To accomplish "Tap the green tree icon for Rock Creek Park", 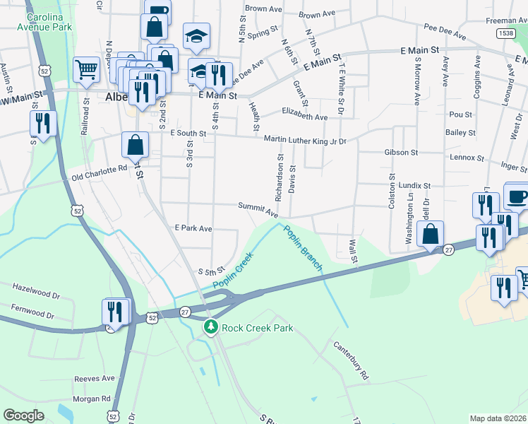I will pyautogui.click(x=210, y=328).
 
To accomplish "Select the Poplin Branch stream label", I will pyautogui.click(x=303, y=247).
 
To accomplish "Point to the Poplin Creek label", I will pyautogui.click(x=233, y=276).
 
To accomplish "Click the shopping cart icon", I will pyautogui.click(x=86, y=70).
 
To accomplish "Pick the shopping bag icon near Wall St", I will pyautogui.click(x=430, y=234).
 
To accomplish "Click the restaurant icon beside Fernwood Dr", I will pyautogui.click(x=116, y=312).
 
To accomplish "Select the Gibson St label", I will pyautogui.click(x=401, y=152).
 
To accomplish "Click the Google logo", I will pyautogui.click(x=23, y=415).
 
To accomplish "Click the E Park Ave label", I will pyautogui.click(x=193, y=229).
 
